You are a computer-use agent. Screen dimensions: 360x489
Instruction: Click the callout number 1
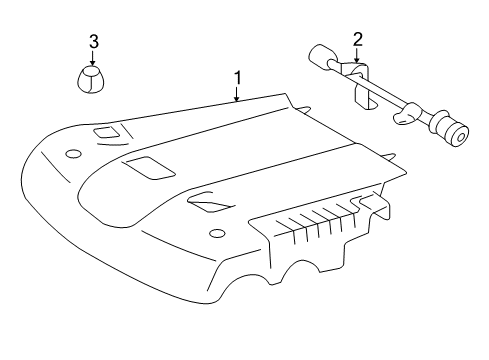coord(237,77)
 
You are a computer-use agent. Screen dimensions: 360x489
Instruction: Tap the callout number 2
coord(357,40)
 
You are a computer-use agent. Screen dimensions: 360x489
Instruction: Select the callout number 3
coord(93,42)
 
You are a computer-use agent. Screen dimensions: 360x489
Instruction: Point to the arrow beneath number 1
coord(237,95)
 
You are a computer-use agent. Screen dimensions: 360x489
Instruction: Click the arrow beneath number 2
coord(357,58)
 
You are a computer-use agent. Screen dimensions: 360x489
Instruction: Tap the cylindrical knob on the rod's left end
coord(321,58)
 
